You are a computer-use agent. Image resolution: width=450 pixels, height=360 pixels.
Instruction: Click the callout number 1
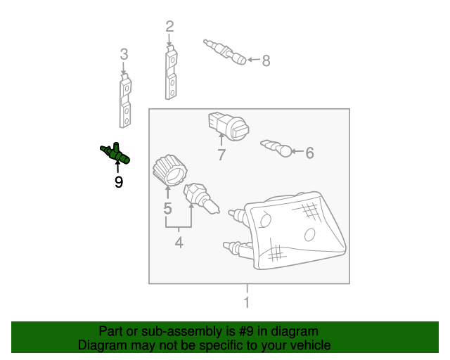coord(246,303)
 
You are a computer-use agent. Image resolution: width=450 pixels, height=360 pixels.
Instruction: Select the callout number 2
coord(169,27)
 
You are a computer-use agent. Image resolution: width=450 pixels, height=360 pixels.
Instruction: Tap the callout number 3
coord(124,54)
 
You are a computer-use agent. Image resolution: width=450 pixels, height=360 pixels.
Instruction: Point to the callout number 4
coord(179,243)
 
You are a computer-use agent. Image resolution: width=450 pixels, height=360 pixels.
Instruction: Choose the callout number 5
coord(167,208)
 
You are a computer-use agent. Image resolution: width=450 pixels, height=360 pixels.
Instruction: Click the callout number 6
coord(309,152)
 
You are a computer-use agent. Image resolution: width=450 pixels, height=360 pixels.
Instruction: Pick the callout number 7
coord(221,155)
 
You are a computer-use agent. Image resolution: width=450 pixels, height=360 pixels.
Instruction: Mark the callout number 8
coord(266,61)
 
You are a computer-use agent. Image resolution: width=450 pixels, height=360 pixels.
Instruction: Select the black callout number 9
coord(118,182)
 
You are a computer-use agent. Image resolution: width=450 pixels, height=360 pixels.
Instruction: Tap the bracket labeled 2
coord(171,74)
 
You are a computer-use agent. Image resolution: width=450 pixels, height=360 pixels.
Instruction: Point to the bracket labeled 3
coord(124,102)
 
